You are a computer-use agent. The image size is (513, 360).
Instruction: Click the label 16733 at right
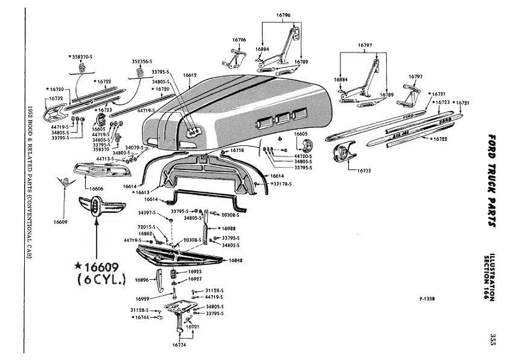coord(364,171)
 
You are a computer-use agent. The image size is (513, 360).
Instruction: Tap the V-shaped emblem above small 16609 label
coord(60,183)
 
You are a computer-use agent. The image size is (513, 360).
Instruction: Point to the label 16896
coord(142,280)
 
